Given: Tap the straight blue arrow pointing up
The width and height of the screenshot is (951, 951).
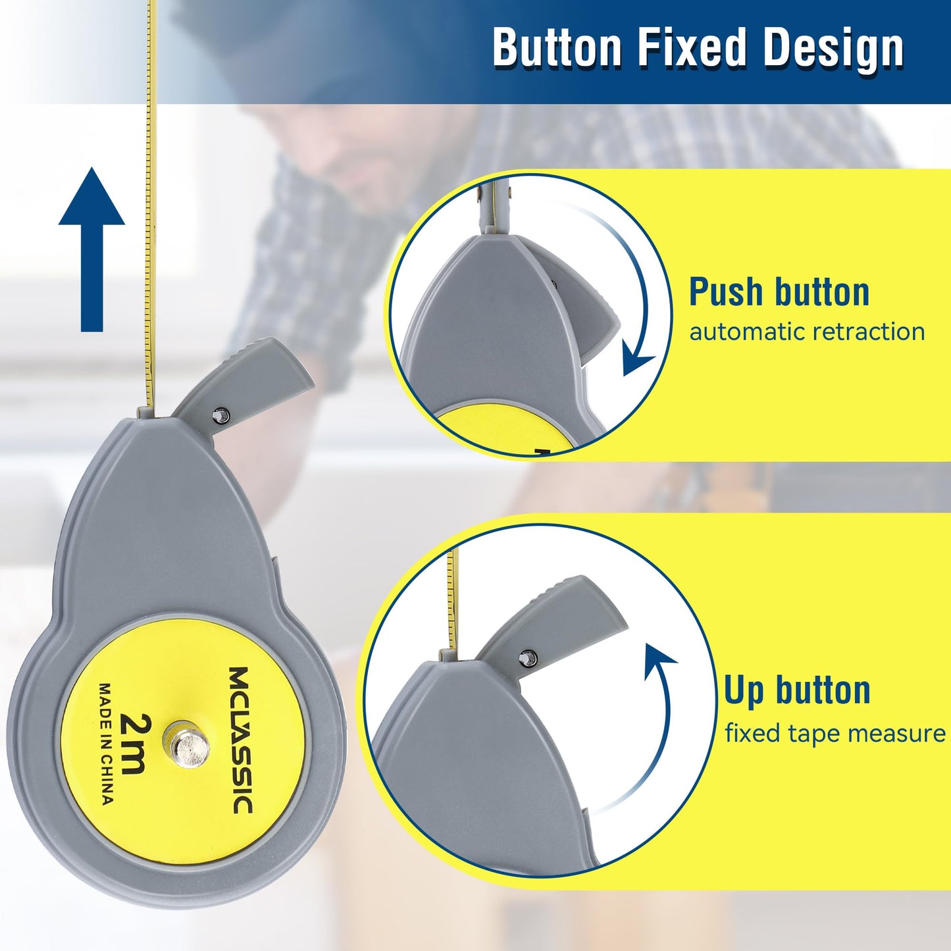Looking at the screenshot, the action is point(91,249).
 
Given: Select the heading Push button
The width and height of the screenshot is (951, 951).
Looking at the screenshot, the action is point(779,292).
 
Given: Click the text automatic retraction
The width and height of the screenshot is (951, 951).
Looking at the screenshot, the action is point(807,332).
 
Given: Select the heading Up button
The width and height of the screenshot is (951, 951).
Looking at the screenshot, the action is point(797,692).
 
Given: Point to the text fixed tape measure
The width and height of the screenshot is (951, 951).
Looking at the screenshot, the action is point(835,733).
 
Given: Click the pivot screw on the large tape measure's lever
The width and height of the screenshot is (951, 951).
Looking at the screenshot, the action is point(220,414).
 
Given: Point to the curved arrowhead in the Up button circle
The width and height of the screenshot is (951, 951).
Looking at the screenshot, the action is point(660,656).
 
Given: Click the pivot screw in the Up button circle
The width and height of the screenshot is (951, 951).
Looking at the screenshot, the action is point(528,657).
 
